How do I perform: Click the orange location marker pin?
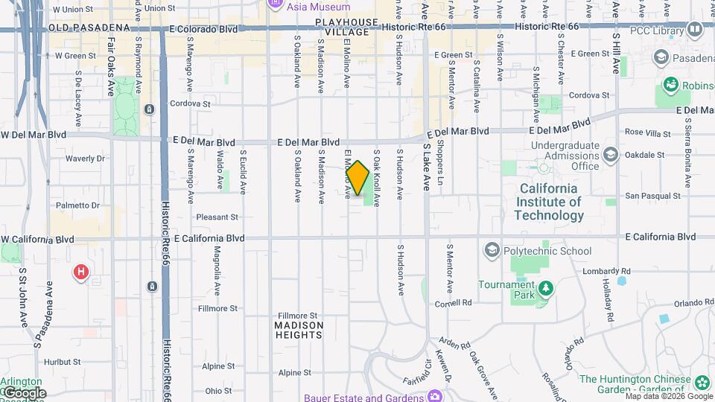point(357,177)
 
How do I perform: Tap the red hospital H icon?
point(80,272)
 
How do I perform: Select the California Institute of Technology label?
point(549,202)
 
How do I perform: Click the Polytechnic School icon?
point(491,251)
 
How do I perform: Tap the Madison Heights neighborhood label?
point(299,330)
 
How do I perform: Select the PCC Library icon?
point(695,29)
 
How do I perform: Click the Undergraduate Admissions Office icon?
point(611,154)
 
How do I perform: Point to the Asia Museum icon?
point(275,4)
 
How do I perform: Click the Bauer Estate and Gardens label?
point(360,398)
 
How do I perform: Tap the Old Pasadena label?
point(89,28)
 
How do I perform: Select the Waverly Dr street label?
point(84,159)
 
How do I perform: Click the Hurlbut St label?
point(61,362)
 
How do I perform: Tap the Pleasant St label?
point(217,217)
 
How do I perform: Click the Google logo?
point(24,393)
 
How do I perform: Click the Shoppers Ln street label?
point(440,162)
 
